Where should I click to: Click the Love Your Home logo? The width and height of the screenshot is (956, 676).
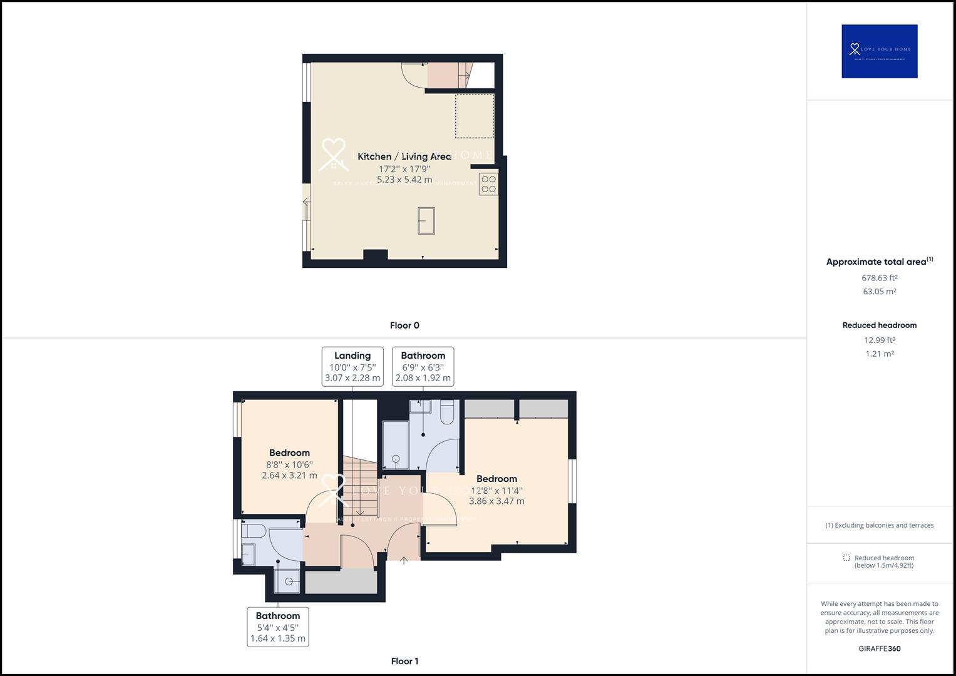(x=879, y=51)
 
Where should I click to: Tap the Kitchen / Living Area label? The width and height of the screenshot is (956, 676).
(x=404, y=156)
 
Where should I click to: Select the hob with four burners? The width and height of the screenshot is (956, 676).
(x=488, y=184)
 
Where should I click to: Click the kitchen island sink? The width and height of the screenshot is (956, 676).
(x=426, y=220)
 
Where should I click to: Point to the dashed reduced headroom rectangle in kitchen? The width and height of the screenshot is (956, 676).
(x=474, y=116)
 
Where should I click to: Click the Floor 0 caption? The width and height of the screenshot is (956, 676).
(x=404, y=325)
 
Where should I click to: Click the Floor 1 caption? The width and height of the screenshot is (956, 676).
(x=404, y=661)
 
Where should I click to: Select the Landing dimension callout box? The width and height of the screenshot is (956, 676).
(x=352, y=366)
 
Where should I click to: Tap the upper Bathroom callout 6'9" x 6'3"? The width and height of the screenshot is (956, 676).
(x=423, y=366)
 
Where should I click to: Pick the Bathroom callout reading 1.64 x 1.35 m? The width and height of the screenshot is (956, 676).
(x=278, y=627)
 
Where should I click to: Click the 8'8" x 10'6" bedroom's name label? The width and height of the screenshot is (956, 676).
(x=289, y=453)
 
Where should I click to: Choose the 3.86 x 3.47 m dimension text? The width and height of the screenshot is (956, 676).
(x=496, y=501)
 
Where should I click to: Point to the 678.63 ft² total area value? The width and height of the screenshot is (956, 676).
(x=879, y=278)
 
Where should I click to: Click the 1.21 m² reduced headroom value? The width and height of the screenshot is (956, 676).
(x=879, y=354)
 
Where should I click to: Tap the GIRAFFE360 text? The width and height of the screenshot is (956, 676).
(x=879, y=648)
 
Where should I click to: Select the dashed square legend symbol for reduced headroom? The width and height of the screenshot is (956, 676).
(x=846, y=558)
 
